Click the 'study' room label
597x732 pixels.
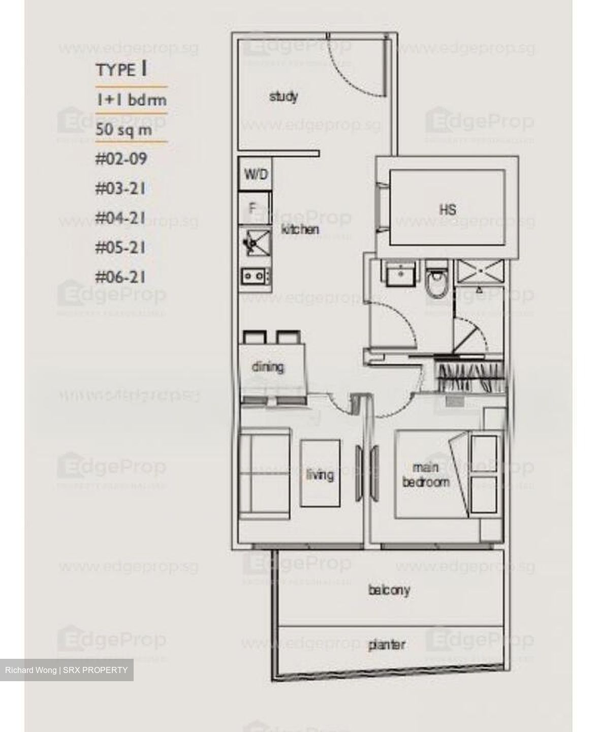[284, 96]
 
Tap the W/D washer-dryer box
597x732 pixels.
[256, 174]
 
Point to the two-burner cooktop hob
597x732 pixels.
[256, 277]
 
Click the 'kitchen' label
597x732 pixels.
[300, 230]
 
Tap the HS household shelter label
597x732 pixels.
[447, 209]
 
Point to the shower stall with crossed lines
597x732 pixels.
[479, 270]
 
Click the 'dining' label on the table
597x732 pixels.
[268, 367]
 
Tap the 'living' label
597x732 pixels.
[320, 475]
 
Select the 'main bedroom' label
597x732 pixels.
[426, 474]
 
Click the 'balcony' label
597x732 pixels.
[389, 590]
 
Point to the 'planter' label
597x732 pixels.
[387, 645]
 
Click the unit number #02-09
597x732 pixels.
[121, 159]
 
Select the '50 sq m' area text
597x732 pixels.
[124, 129]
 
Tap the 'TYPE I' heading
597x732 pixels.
[121, 70]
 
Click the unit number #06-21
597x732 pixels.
[121, 277]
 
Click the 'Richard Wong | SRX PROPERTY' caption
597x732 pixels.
[67, 670]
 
